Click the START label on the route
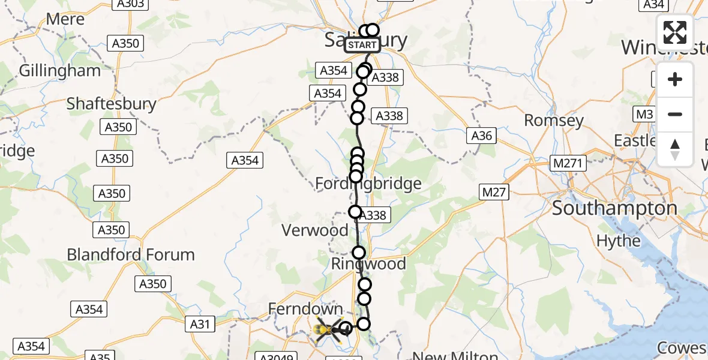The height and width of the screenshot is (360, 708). (x=362, y=45)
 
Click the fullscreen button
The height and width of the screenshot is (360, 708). (x=675, y=32)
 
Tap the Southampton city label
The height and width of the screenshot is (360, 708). (x=614, y=209)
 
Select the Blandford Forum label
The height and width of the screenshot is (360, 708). (x=131, y=254)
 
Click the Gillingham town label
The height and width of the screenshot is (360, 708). (x=60, y=71)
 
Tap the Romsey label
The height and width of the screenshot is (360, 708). (x=554, y=121)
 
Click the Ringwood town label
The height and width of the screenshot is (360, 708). (x=369, y=264)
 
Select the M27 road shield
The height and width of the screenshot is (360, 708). (x=494, y=192)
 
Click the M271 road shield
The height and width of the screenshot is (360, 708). (x=569, y=163)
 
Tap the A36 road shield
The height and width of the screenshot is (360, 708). (x=482, y=136)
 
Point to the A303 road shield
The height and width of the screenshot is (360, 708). (x=130, y=4)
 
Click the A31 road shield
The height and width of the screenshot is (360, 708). (x=200, y=324)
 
